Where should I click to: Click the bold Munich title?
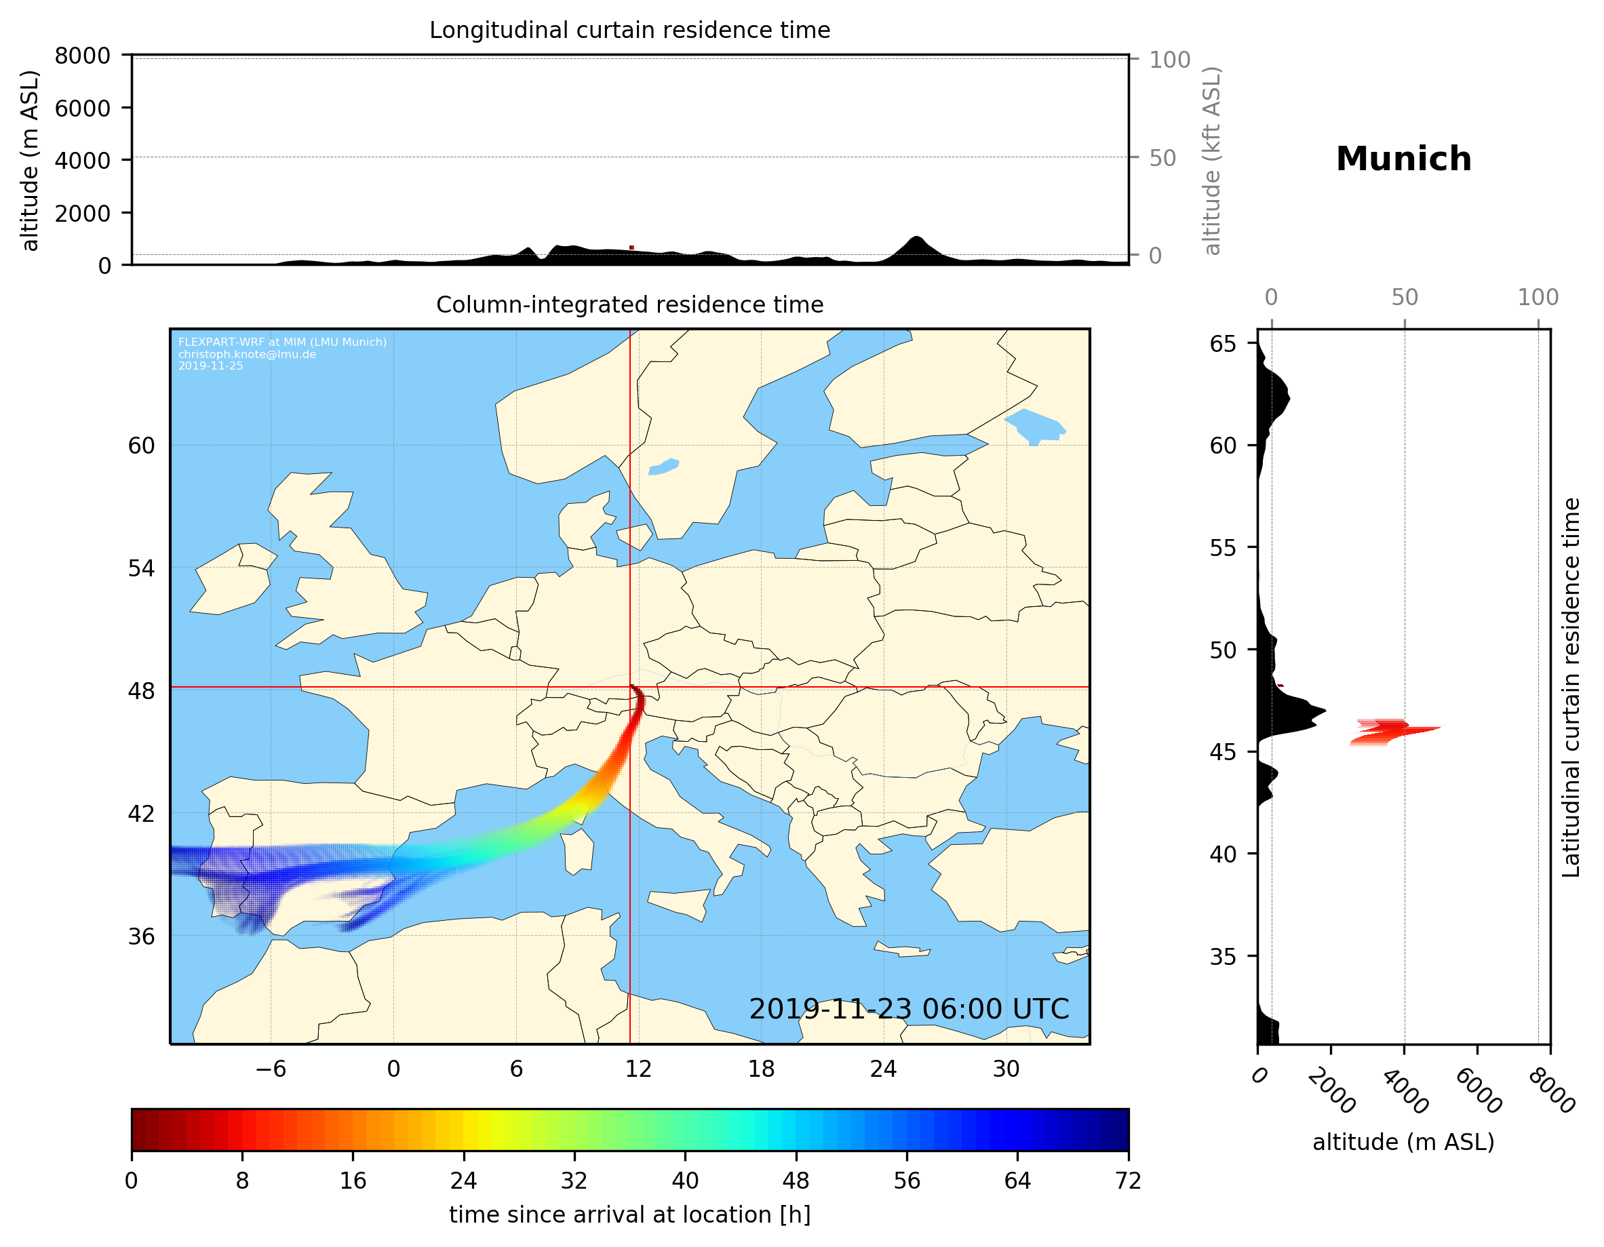tap(1403, 159)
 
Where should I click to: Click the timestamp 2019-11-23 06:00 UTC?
tap(909, 1009)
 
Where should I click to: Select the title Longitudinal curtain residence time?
tap(629, 30)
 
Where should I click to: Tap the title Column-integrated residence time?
tap(629, 304)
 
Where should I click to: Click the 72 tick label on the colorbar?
tap(1128, 1181)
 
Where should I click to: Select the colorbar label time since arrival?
tap(629, 1214)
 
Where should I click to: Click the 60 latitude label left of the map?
tap(141, 446)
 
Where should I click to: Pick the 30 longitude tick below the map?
tap(1006, 1069)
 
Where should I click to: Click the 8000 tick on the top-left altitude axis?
tap(82, 56)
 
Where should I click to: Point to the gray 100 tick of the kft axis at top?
tap(1169, 60)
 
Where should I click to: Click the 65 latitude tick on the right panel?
tap(1223, 344)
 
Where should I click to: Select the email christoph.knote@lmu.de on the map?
tap(247, 354)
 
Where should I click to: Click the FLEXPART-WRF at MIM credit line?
tap(282, 342)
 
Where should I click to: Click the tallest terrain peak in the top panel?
tap(915, 239)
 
